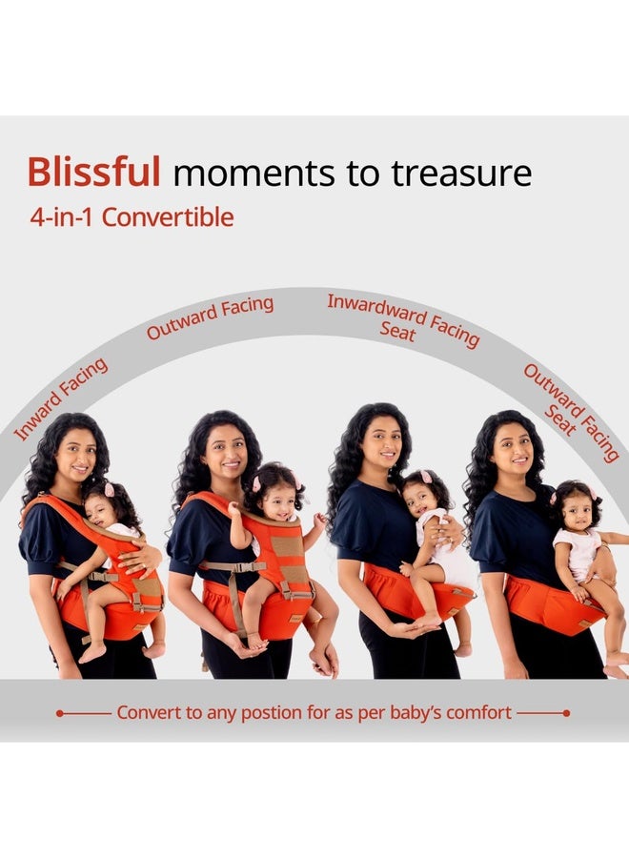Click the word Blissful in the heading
tap(93, 172)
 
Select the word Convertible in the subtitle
tap(168, 217)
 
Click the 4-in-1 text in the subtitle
tap(63, 217)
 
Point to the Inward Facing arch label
tap(60, 398)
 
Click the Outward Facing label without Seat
tap(210, 317)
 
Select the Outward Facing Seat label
tap(570, 415)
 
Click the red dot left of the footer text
tap(60, 713)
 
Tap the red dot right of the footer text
tap(567, 713)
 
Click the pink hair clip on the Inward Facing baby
tap(110, 489)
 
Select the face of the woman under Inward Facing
tap(77, 458)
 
